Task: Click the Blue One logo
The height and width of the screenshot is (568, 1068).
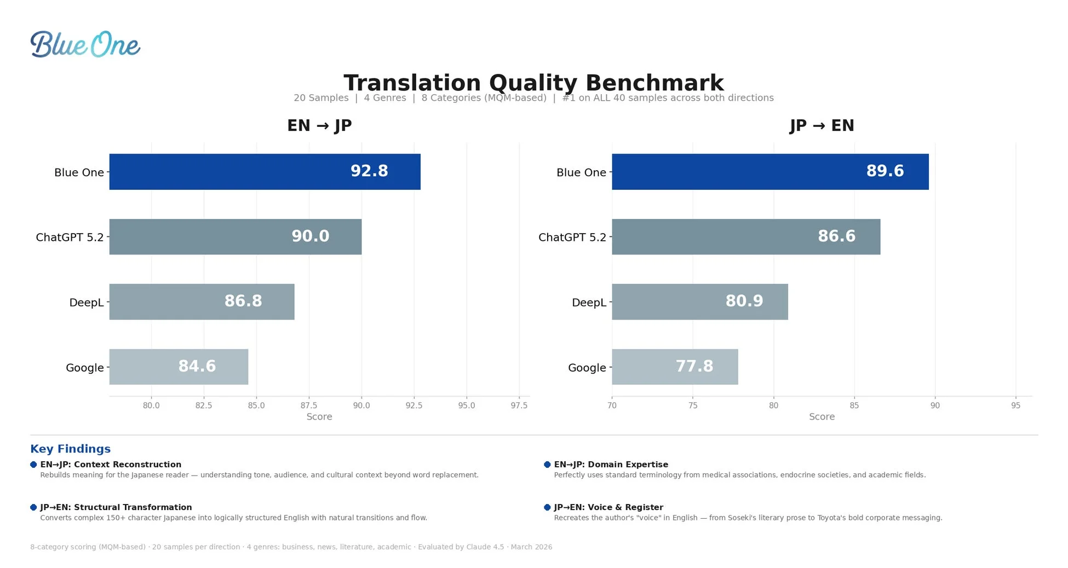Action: [x=85, y=44]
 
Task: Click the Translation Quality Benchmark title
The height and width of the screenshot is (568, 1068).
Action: [x=533, y=83]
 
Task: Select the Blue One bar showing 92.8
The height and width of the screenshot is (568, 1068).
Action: [x=265, y=171]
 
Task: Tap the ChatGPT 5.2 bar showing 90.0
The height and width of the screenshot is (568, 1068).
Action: [x=235, y=236]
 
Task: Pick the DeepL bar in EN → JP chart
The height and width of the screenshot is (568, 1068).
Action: [x=202, y=302]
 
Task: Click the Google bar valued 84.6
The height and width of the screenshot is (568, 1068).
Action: [x=179, y=367]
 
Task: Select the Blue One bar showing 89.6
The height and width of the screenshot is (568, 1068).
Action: [x=770, y=171]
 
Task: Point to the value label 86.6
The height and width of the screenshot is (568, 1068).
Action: [x=836, y=236]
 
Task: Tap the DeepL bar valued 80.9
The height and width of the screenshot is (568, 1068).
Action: [x=699, y=302]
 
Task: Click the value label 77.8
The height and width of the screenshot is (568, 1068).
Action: [x=694, y=366]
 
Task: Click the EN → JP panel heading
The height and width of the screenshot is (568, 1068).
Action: [x=319, y=125]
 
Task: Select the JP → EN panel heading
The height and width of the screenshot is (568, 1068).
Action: [x=822, y=125]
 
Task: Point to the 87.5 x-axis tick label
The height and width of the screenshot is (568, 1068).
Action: [x=308, y=405]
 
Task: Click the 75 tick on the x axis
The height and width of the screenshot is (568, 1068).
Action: [x=693, y=405]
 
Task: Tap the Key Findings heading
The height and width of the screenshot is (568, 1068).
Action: [x=70, y=449]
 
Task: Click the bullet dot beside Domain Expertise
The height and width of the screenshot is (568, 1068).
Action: [x=547, y=465]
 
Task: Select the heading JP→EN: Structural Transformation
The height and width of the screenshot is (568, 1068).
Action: [x=116, y=507]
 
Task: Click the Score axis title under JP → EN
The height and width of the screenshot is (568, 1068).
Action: [x=822, y=416]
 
